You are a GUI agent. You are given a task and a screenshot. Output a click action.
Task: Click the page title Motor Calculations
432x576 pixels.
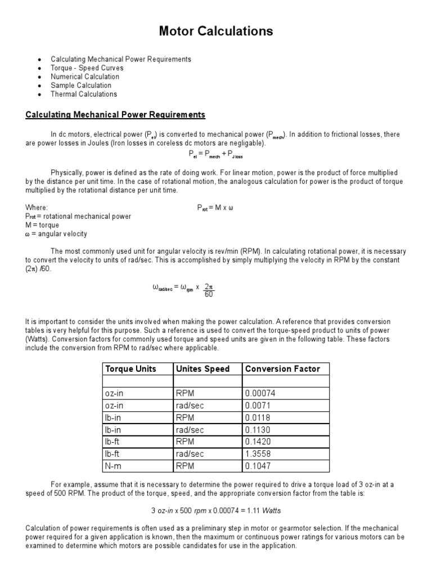click(x=216, y=31)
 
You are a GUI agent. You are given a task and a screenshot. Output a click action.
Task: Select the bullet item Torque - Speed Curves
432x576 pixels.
click(x=87, y=68)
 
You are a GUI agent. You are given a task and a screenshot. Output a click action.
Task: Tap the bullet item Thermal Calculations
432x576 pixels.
click(x=84, y=94)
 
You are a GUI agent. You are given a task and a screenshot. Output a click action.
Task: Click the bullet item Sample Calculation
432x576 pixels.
click(x=81, y=85)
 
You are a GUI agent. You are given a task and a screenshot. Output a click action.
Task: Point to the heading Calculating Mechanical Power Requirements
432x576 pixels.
click(x=115, y=115)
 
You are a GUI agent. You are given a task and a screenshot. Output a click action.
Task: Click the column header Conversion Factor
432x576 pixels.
click(x=282, y=369)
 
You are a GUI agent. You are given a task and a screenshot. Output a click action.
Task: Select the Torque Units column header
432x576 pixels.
click(x=130, y=369)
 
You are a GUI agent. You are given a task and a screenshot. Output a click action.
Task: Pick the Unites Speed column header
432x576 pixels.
click(x=203, y=369)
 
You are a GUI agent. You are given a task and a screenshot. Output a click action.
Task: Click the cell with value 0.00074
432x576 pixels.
click(x=260, y=393)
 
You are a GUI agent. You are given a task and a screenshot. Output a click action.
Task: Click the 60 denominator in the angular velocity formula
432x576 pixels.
click(x=209, y=294)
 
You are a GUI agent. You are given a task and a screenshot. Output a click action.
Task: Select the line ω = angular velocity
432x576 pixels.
click(x=56, y=234)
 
